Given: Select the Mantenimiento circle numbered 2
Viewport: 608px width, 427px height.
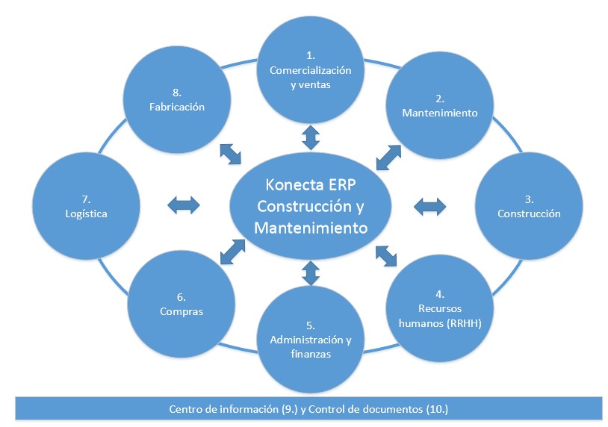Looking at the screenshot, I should point(439,106).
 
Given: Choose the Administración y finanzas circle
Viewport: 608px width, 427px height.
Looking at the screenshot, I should point(310,338).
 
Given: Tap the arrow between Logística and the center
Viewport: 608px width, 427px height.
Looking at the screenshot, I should point(184,204).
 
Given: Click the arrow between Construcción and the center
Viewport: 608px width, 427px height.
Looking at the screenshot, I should point(429,204).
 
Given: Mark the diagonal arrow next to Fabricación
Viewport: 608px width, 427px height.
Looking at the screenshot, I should point(231,154).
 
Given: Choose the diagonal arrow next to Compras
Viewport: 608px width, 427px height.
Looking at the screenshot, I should point(232,251).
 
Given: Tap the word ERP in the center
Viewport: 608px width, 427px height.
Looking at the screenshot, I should point(343,184).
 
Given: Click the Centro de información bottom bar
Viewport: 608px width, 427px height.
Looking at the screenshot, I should point(308,408).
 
